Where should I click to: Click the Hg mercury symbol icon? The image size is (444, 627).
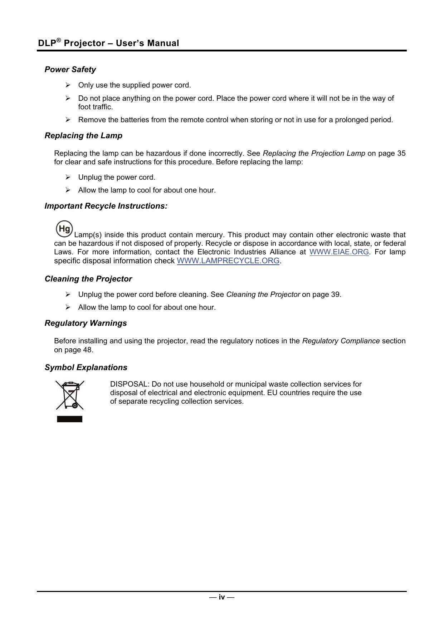click(x=64, y=229)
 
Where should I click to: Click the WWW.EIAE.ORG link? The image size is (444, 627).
click(x=339, y=252)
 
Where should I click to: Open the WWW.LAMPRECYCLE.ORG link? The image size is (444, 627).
click(x=228, y=261)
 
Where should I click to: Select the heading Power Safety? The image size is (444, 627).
click(x=70, y=69)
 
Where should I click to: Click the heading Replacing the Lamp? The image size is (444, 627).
click(x=83, y=135)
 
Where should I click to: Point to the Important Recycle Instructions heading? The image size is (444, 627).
click(x=106, y=206)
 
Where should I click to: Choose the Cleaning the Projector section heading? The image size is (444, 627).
click(x=88, y=279)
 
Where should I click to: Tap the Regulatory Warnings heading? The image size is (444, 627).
click(x=86, y=323)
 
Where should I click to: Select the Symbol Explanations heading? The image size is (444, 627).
click(x=86, y=367)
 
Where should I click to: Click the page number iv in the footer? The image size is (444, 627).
click(x=222, y=597)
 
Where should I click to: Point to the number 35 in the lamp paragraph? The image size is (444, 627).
click(x=401, y=153)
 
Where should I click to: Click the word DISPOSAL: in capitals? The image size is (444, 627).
click(x=130, y=384)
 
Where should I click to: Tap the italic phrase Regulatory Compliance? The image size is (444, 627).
click(x=341, y=341)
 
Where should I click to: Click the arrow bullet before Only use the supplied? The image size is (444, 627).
click(x=68, y=85)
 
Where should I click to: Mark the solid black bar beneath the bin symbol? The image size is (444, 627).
click(x=70, y=419)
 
